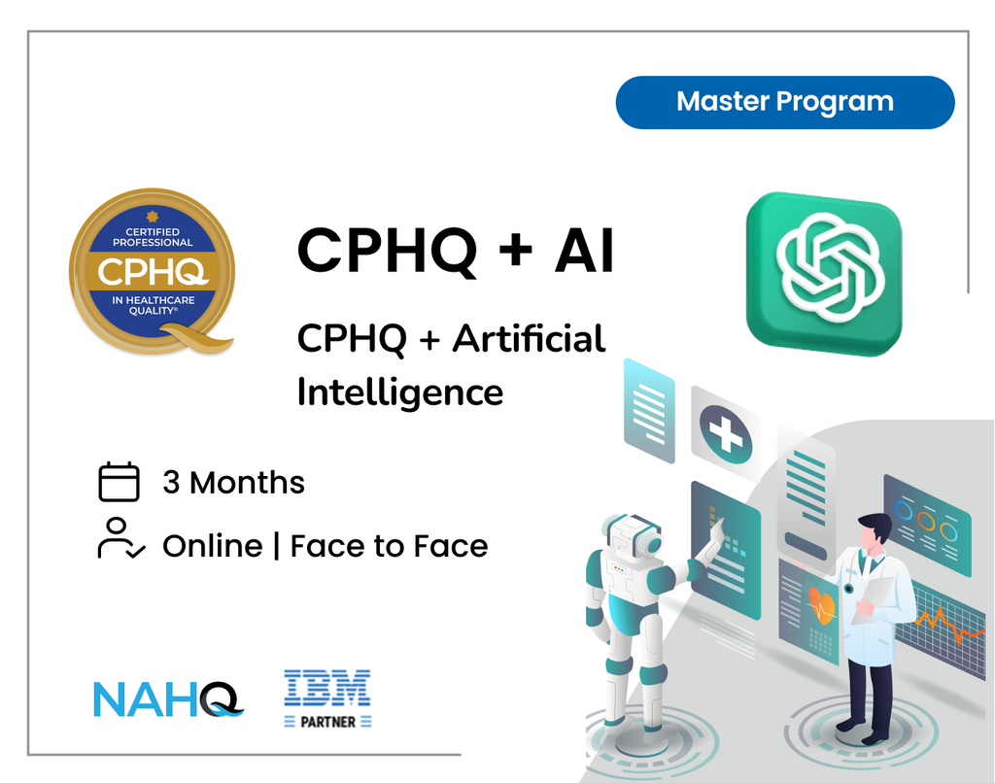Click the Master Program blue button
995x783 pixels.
pyautogui.click(x=785, y=102)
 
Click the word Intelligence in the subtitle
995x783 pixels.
pyautogui.click(x=400, y=391)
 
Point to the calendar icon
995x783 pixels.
pyautogui.click(x=120, y=482)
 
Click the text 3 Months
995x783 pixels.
pyautogui.click(x=233, y=483)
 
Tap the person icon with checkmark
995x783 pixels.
pyautogui.click(x=120, y=539)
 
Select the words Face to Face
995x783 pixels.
pyautogui.click(x=389, y=546)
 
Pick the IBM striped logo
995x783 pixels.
pyautogui.click(x=327, y=688)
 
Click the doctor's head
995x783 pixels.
pyautogui.click(x=874, y=532)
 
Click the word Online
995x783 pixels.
pyautogui.click(x=212, y=546)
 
